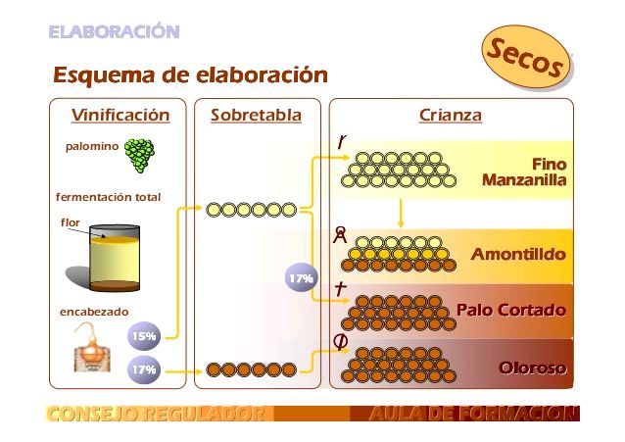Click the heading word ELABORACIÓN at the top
[114, 32]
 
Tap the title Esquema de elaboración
[190, 75]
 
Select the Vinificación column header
[120, 116]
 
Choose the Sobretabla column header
[256, 116]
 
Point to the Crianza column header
[450, 116]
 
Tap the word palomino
[91, 147]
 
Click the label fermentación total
[108, 197]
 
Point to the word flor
[71, 222]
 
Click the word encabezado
[94, 312]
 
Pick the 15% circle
[144, 337]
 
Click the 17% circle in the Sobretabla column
[300, 279]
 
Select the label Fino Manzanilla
[524, 172]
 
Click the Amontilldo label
[518, 255]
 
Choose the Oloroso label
[532, 368]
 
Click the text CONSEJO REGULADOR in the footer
[155, 415]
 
